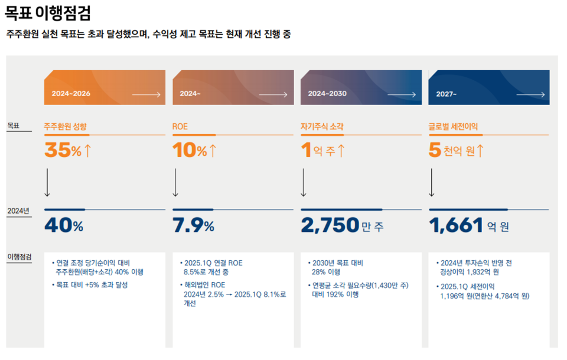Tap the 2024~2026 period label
point(71,94)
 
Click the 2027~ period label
point(447,94)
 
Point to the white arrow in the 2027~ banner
point(530,94)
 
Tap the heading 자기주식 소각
point(322,127)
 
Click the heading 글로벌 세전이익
point(453,127)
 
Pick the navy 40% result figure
point(64,225)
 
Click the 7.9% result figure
point(193,225)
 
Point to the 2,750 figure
point(330,225)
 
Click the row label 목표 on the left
point(13,126)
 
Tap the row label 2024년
point(18,211)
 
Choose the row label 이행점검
point(19,257)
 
